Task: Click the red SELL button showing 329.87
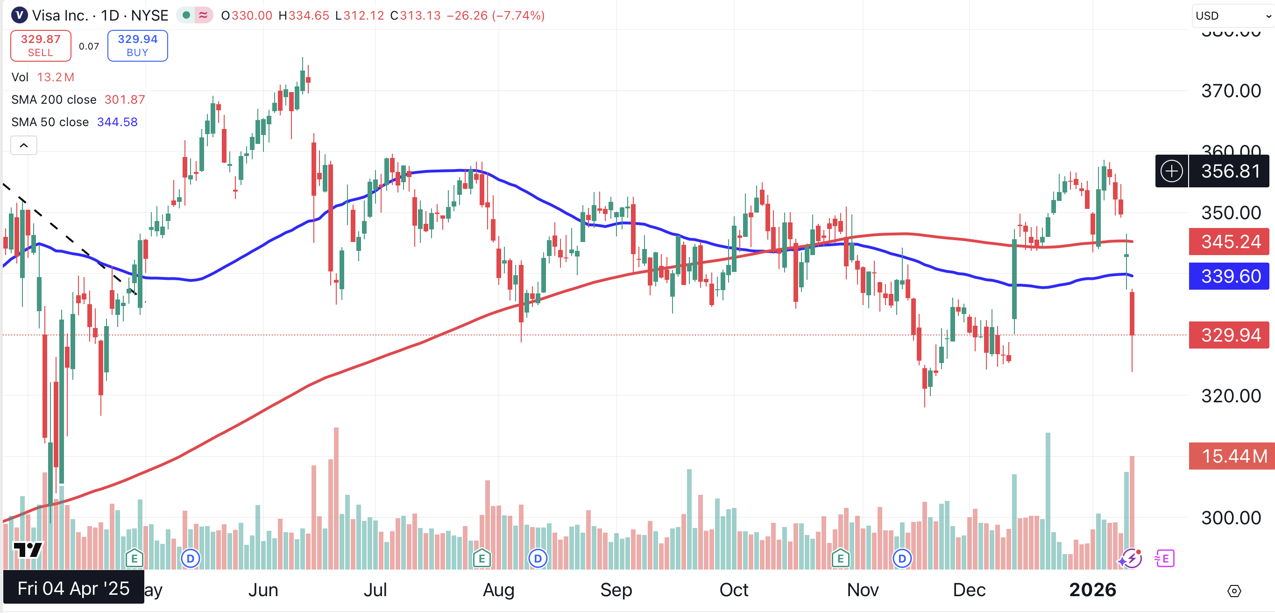[x=41, y=45]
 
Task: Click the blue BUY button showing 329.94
[x=138, y=45]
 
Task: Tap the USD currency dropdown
[x=1232, y=16]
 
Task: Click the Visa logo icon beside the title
[x=19, y=15]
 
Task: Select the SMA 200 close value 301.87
[x=125, y=100]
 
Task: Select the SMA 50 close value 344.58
[x=117, y=122]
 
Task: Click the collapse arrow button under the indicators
[x=24, y=146]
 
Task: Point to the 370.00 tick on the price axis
[x=1231, y=91]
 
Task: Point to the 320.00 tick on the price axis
[x=1231, y=396]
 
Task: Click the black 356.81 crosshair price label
[x=1230, y=171]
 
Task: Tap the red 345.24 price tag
[x=1230, y=242]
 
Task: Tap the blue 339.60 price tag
[x=1230, y=276]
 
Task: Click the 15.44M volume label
[x=1233, y=456]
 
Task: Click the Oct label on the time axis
[x=734, y=590]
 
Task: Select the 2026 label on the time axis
[x=1092, y=590]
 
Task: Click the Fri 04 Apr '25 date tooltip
[x=74, y=588]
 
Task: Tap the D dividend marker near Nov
[x=902, y=558]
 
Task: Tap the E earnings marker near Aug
[x=482, y=558]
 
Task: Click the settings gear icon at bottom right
[x=1234, y=591]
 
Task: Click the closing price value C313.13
[x=416, y=15]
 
